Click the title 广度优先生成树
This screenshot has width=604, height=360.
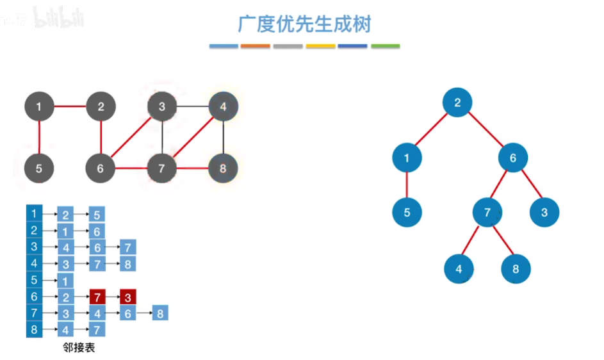click(304, 24)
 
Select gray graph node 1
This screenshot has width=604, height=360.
click(40, 106)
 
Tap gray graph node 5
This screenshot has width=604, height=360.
click(40, 169)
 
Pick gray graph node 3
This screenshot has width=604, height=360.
click(162, 106)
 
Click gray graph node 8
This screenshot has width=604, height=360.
click(223, 169)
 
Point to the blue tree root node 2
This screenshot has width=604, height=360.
click(457, 102)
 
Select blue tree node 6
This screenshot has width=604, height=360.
click(512, 158)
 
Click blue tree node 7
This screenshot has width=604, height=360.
click(487, 212)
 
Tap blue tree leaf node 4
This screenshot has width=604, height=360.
click(459, 269)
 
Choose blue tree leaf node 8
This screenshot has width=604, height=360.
click(516, 269)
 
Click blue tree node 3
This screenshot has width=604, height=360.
click(544, 212)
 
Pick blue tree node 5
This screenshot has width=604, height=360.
click(407, 212)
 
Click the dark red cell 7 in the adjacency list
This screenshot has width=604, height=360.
click(97, 297)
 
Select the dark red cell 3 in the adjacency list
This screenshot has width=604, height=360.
click(128, 297)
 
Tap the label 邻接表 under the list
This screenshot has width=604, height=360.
click(79, 347)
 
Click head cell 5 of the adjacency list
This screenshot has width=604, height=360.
click(34, 280)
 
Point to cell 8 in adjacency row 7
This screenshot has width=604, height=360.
click(160, 313)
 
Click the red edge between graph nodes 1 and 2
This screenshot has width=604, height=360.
click(70, 106)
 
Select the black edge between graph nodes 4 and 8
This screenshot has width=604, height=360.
click(223, 138)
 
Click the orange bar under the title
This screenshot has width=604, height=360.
click(256, 46)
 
